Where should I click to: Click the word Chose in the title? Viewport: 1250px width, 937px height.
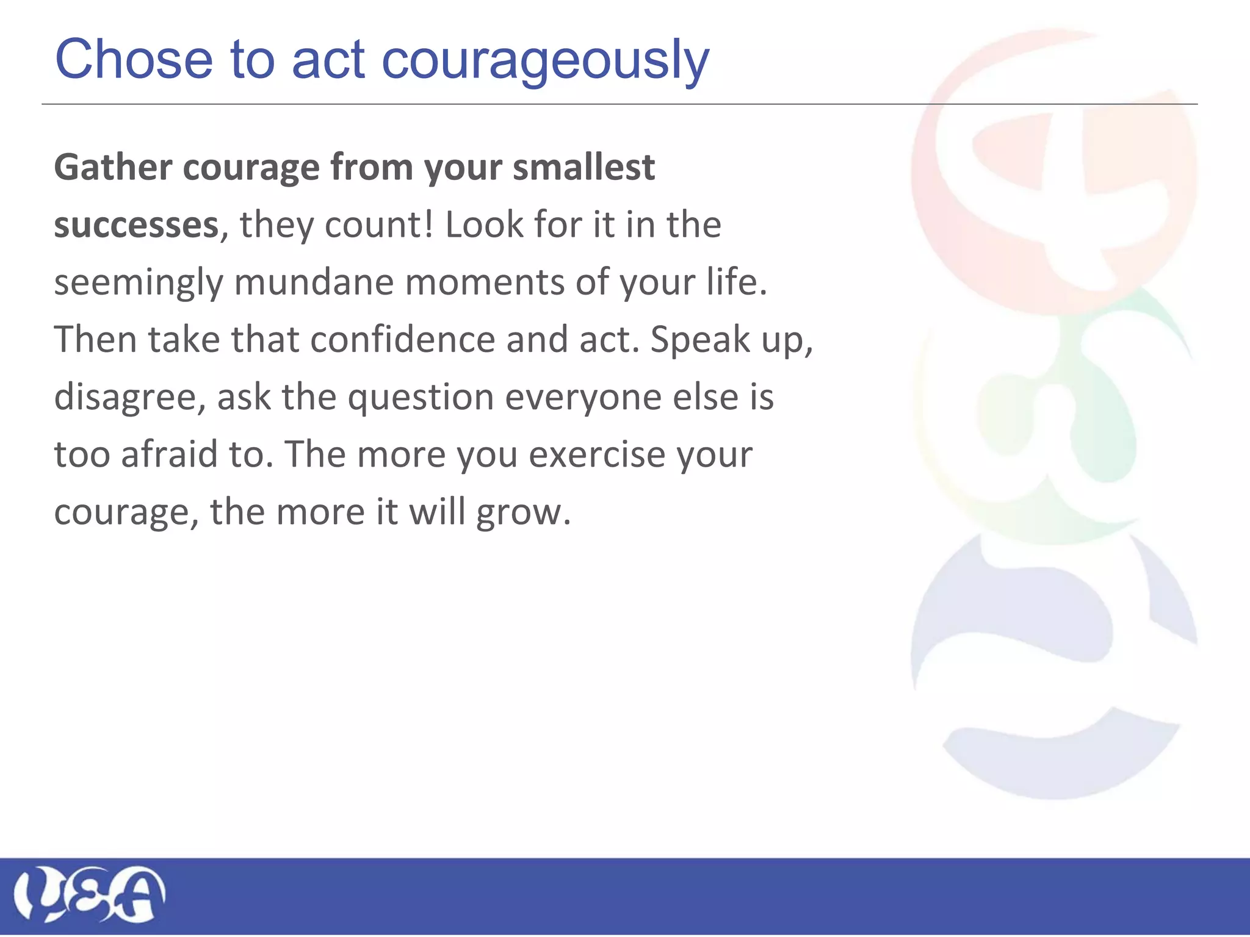point(134,59)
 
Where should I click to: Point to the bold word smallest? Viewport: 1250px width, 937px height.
point(583,167)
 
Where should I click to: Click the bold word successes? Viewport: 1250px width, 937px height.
point(136,225)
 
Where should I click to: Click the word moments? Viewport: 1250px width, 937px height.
point(485,282)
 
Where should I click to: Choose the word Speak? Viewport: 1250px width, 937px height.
point(700,339)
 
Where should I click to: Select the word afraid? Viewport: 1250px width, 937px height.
point(169,454)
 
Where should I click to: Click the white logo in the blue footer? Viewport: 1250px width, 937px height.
point(89,894)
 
